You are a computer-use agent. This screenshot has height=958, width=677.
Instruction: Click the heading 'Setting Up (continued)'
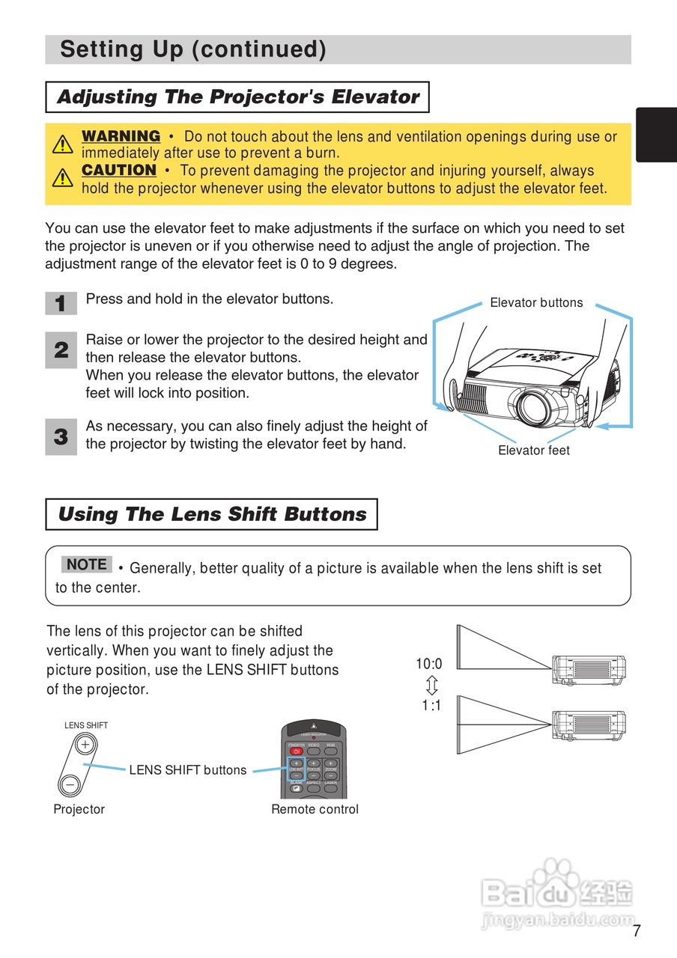[193, 49]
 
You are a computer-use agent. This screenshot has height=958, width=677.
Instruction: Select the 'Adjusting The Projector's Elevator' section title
[237, 97]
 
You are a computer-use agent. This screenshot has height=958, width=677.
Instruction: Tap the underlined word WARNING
[121, 136]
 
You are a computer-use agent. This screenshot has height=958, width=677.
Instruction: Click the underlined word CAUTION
[119, 170]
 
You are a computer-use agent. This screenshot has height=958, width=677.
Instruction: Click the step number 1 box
[61, 303]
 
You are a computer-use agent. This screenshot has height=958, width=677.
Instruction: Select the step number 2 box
[61, 350]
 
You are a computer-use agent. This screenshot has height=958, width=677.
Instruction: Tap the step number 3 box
[61, 436]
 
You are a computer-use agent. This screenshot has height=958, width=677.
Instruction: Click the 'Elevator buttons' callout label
[536, 303]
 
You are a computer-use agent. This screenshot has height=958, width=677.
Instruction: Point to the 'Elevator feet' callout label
[534, 451]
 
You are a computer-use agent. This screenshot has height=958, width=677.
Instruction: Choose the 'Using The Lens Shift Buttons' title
[212, 514]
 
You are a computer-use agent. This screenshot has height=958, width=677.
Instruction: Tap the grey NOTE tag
[87, 564]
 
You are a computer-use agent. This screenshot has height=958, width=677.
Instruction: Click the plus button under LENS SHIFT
[85, 745]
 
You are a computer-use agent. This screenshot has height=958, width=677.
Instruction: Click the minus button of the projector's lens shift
[70, 784]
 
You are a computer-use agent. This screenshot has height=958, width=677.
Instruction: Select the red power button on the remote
[297, 751]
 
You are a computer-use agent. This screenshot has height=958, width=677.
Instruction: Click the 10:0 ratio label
[429, 664]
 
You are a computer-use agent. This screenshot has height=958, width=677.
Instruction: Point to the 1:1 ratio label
[431, 705]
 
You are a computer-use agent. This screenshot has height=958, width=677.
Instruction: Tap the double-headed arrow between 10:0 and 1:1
[431, 685]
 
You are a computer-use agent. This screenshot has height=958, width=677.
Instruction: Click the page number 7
[637, 932]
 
